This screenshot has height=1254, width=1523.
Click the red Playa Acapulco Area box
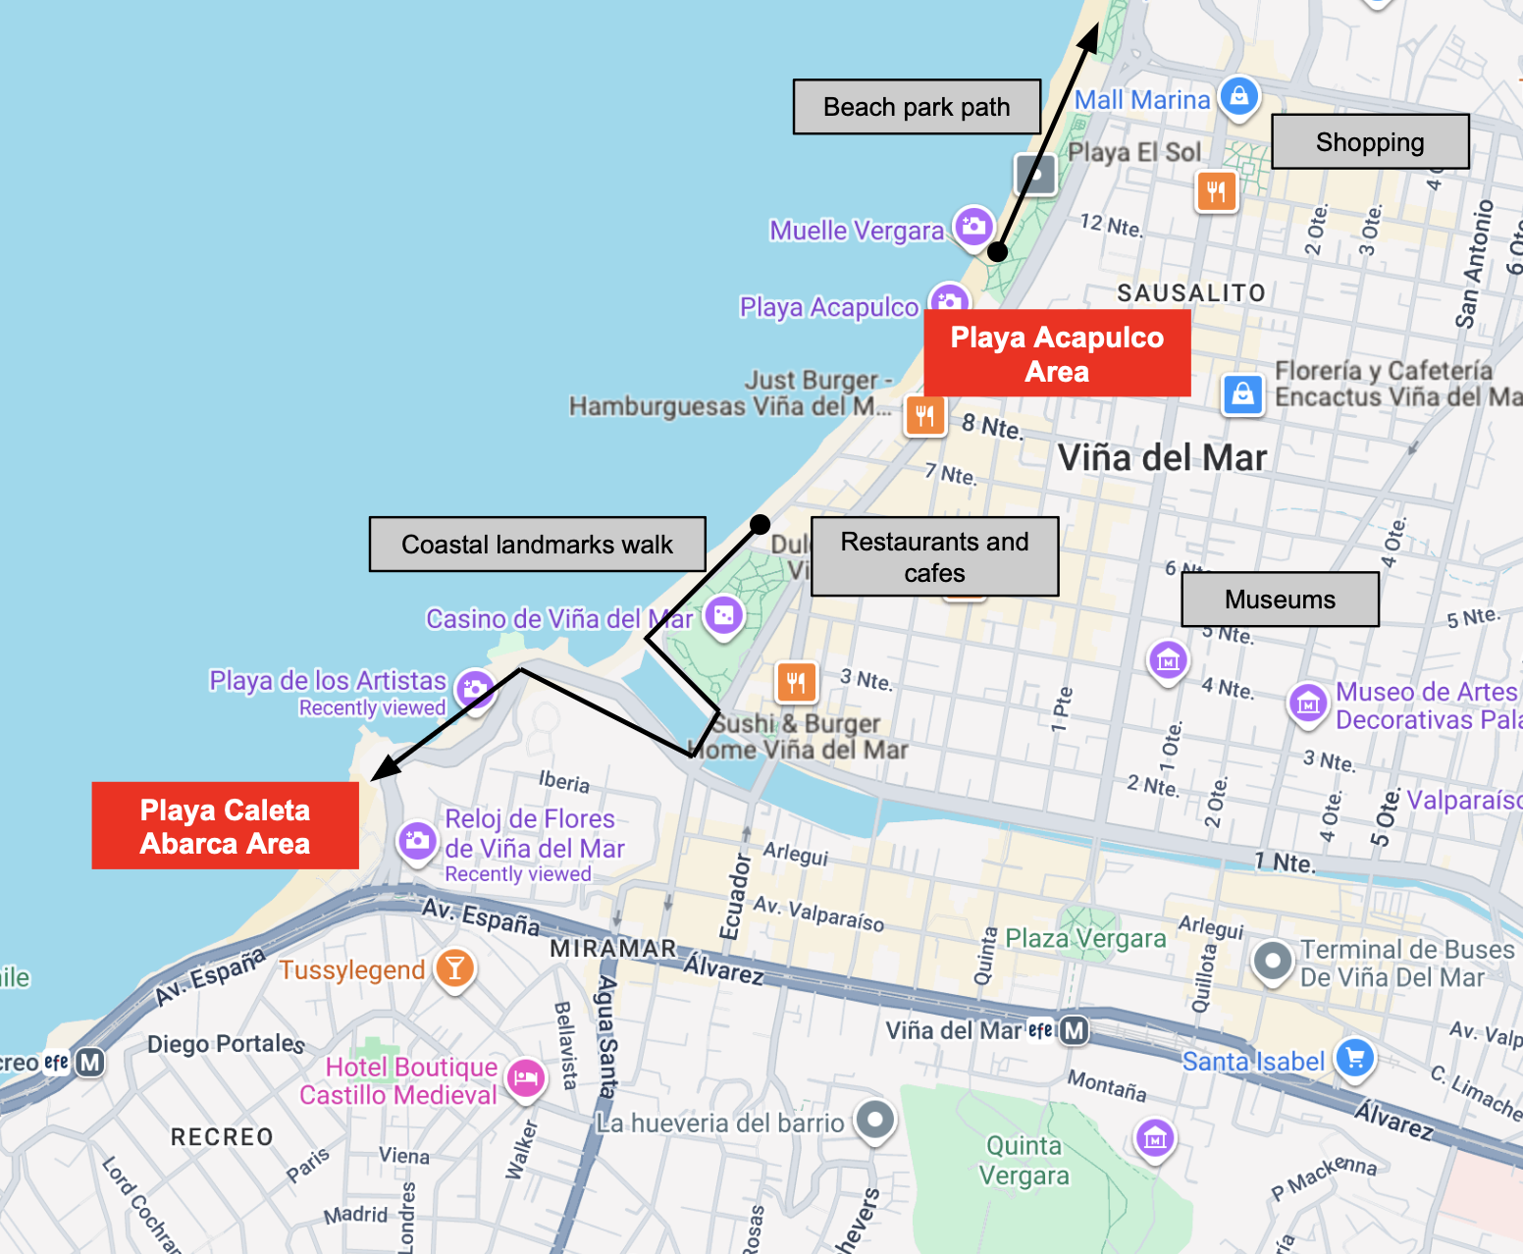tap(1057, 353)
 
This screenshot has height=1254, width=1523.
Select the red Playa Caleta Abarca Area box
tap(225, 826)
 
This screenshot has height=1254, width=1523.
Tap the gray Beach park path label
tap(917, 107)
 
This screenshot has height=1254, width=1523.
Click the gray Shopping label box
tap(1370, 142)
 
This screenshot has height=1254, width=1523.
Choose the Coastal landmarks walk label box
tap(537, 545)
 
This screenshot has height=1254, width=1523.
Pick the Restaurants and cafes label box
tap(934, 556)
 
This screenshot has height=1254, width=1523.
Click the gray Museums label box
tap(1280, 600)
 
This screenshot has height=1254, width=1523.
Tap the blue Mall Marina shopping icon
tap(1239, 96)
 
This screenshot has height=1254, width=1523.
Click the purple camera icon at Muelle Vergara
tap(973, 226)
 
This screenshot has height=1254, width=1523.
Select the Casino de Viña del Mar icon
tap(724, 615)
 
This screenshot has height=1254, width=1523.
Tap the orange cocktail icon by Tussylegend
tap(454, 967)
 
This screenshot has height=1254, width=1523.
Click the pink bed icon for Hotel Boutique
tap(526, 1078)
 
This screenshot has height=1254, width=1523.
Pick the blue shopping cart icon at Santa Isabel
tap(1355, 1059)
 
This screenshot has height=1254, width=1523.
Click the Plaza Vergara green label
tap(1085, 939)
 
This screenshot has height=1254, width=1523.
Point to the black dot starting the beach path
tap(997, 252)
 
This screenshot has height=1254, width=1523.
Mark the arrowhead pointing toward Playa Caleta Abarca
tap(383, 770)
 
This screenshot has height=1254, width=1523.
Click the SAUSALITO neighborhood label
tap(1190, 293)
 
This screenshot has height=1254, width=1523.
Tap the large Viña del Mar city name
tap(1162, 457)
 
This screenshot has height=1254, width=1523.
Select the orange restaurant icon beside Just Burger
tap(924, 416)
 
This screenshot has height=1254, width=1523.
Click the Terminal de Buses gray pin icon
tap(1273, 961)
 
